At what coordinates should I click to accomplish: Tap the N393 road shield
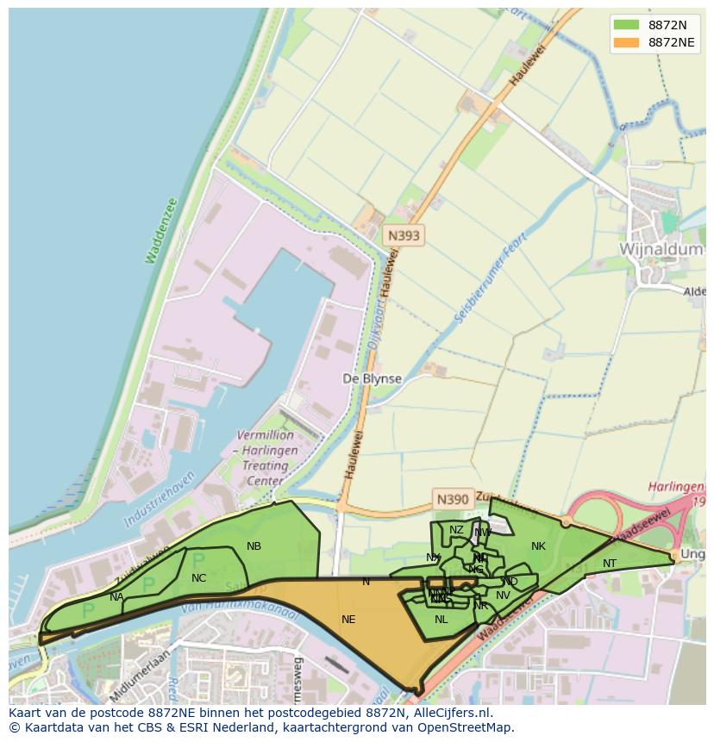tap(404, 235)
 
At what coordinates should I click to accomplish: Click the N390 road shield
tap(453, 499)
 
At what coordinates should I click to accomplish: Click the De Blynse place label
tap(372, 378)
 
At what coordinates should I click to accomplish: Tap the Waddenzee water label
tap(160, 231)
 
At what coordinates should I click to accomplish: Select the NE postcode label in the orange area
tap(348, 619)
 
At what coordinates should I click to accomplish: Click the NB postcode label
tap(254, 546)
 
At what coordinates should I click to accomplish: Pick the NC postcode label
tap(199, 578)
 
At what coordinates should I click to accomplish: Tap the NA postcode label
tap(116, 596)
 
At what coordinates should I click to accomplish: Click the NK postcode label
tap(538, 546)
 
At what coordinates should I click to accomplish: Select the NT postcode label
tap(610, 564)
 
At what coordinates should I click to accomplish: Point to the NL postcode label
tap(441, 619)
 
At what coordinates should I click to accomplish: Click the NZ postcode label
tap(456, 530)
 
